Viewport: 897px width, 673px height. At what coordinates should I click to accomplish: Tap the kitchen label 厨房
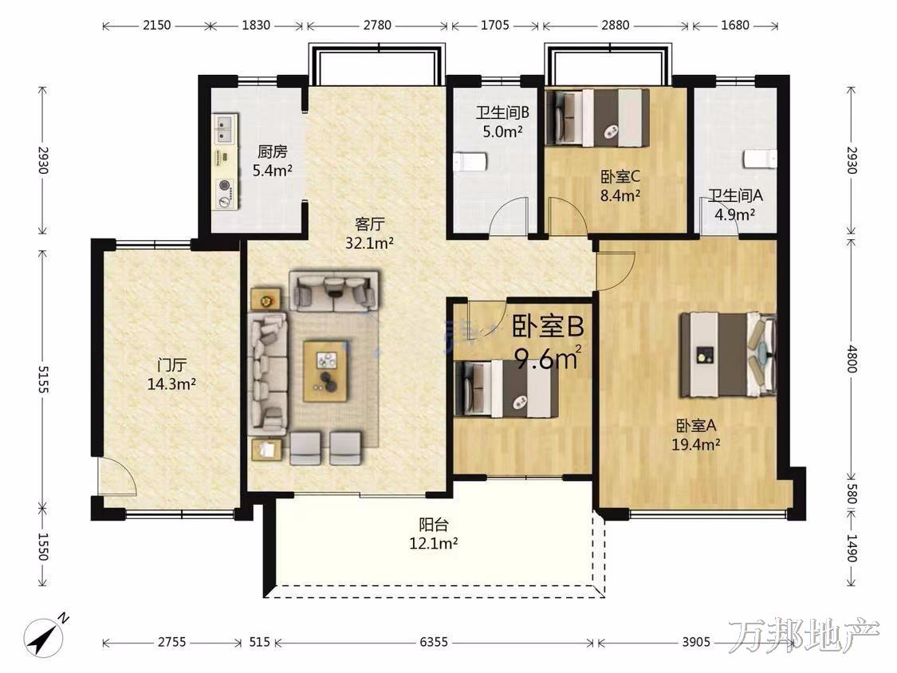(x=273, y=152)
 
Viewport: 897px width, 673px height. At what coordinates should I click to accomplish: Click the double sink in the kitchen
(x=226, y=128)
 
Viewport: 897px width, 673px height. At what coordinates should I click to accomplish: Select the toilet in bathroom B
(x=470, y=162)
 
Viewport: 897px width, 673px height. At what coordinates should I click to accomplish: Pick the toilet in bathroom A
(x=760, y=159)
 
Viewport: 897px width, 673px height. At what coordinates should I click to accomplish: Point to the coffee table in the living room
(x=325, y=372)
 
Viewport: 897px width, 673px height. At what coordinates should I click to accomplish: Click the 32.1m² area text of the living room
(x=369, y=243)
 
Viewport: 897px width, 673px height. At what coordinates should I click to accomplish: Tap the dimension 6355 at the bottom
(x=434, y=642)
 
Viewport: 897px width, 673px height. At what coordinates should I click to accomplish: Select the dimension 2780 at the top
(x=378, y=26)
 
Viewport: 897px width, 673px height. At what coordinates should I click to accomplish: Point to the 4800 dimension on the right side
(x=852, y=359)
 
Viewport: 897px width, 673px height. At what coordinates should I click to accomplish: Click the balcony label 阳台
(x=434, y=524)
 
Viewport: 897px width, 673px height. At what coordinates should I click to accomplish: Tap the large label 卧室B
(x=548, y=327)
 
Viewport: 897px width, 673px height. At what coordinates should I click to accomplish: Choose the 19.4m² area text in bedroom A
(x=695, y=444)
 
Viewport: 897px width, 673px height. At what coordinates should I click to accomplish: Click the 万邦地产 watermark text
(x=803, y=636)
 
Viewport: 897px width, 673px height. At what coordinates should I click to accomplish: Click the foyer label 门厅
(x=171, y=364)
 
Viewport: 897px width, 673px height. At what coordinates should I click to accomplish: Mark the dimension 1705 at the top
(x=495, y=26)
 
